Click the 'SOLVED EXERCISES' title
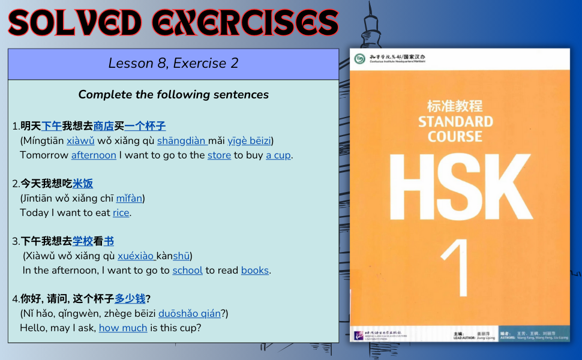173,22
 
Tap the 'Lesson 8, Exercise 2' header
173,63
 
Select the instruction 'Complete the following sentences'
173,94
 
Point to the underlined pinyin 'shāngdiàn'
182,140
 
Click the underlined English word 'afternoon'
94,155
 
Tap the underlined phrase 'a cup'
278,155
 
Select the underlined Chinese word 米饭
83,184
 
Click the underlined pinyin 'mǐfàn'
129,198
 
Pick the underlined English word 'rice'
121,212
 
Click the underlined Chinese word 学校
83,241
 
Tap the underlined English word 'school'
187,270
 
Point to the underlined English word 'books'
254,270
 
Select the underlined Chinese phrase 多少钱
130,298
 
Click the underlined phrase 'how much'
123,328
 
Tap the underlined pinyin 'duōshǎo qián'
189,313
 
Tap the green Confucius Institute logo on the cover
359,59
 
